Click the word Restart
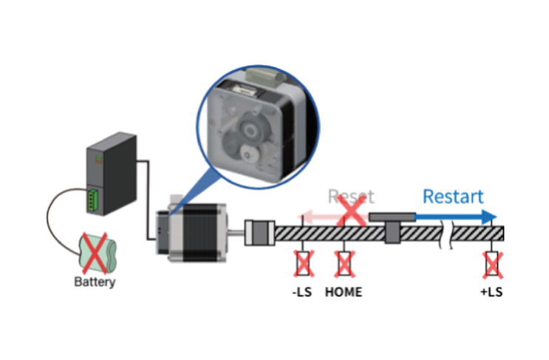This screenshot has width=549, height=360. click(453, 197)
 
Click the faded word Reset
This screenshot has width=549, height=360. click(351, 197)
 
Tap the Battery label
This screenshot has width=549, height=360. click(95, 282)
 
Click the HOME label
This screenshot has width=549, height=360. click(344, 292)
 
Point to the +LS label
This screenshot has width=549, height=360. click(491, 292)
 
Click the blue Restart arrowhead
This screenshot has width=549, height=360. click(488, 217)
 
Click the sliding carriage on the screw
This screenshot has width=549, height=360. click(392, 225)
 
